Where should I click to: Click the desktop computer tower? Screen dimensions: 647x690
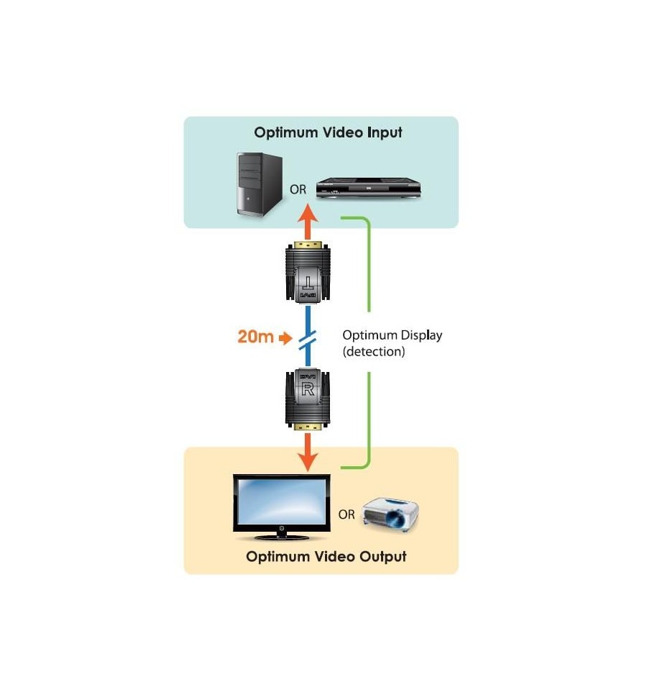[260, 184]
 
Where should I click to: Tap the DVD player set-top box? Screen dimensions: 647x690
[368, 188]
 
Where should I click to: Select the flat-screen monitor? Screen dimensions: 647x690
[282, 507]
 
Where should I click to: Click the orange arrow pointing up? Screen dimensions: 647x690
[308, 222]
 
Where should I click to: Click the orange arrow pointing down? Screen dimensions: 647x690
[308, 452]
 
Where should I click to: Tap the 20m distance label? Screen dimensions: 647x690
[255, 337]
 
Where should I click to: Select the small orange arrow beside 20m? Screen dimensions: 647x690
[285, 338]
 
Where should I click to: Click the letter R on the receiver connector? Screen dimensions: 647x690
[308, 389]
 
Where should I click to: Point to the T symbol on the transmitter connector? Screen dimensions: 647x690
[308, 283]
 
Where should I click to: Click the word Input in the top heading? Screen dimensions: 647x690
[385, 132]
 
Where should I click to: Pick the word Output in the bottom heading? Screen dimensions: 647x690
[383, 557]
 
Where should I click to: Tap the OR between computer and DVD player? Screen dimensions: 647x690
[298, 189]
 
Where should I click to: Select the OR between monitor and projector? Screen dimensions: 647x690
[347, 514]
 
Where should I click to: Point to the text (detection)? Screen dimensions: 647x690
[374, 352]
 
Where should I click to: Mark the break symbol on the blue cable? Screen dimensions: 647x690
[308, 340]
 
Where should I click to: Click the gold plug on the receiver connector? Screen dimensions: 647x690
[308, 427]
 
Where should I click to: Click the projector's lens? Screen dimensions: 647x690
[398, 519]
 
